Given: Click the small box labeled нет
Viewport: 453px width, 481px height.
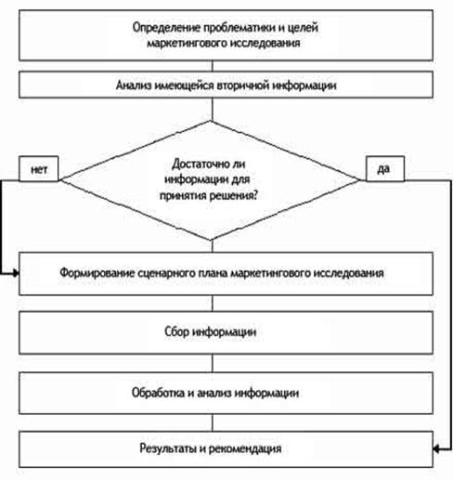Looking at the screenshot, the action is pyautogui.click(x=39, y=168).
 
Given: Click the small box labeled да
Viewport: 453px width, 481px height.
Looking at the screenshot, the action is pyautogui.click(x=385, y=168).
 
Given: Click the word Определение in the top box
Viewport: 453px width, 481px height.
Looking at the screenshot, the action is pyautogui.click(x=166, y=28).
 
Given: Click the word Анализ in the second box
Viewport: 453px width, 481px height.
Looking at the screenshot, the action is pyautogui.click(x=134, y=84).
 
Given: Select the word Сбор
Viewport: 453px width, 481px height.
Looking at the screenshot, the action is pyautogui.click(x=176, y=331).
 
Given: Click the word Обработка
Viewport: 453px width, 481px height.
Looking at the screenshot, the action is pyautogui.click(x=158, y=393).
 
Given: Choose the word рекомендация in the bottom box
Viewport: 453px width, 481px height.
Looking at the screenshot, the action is pyautogui.click(x=246, y=448).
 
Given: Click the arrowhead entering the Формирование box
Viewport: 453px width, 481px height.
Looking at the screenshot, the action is pyautogui.click(x=16, y=273).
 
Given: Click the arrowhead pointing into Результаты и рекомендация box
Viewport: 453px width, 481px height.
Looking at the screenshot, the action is pyautogui.click(x=436, y=448).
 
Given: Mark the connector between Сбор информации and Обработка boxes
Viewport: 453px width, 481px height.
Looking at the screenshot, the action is pyautogui.click(x=213, y=363).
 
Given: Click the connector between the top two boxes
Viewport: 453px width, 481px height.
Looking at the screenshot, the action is pyautogui.click(x=213, y=66).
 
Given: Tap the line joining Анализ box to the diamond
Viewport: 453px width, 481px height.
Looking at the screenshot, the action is pyautogui.click(x=213, y=110).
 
